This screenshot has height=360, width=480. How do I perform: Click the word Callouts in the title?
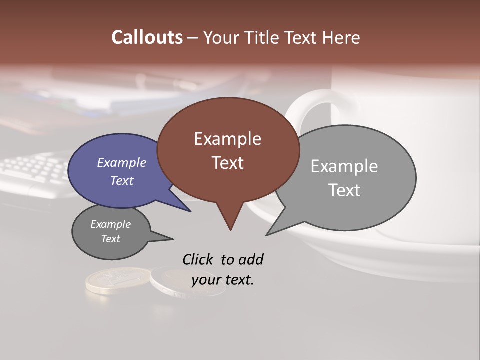147,37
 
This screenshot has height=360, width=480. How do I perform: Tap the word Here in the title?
340,38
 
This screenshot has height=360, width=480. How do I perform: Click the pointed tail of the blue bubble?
190,211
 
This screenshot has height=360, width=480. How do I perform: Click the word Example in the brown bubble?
227,139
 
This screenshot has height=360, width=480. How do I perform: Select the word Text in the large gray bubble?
344,190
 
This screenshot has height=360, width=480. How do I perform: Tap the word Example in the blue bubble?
121,162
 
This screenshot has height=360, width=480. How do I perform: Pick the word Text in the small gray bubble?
110,239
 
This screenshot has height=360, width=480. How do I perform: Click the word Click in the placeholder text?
198,259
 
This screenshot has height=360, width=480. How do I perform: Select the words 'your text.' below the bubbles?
222,280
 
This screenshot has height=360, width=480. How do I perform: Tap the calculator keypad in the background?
35,170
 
